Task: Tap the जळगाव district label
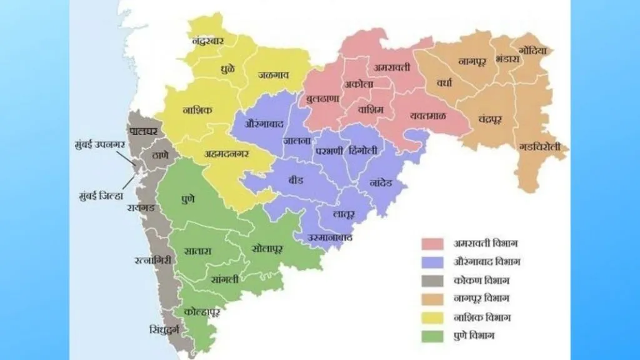[273, 75]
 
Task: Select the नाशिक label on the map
[197, 111]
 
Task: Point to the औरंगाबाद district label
[257, 123]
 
